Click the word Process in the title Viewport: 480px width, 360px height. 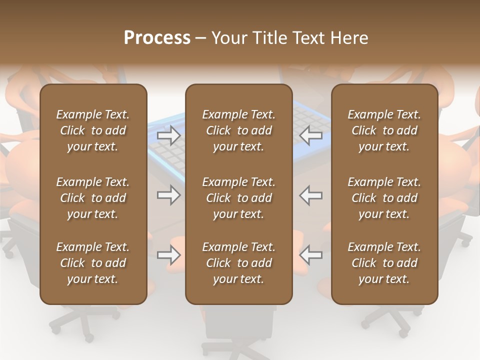(x=157, y=38)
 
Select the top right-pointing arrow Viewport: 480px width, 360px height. (x=168, y=135)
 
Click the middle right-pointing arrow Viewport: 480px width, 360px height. (x=168, y=195)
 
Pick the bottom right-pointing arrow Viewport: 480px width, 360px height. (x=168, y=255)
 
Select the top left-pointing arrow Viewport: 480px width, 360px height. (x=311, y=135)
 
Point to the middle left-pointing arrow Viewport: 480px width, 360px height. (x=311, y=195)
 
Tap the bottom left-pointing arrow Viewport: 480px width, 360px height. (x=311, y=255)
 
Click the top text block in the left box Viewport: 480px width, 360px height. (x=93, y=130)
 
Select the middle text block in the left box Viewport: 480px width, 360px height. (x=93, y=198)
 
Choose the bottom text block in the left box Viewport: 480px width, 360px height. (x=93, y=263)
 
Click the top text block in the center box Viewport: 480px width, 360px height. (x=238, y=130)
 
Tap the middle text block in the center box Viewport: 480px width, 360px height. (x=238, y=198)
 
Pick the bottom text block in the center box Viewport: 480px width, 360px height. (x=238, y=263)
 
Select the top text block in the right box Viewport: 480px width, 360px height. (x=384, y=130)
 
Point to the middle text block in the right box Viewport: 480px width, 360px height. (x=384, y=198)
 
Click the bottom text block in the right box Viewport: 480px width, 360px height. (x=384, y=263)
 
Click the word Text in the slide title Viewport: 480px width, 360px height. (x=308, y=38)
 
